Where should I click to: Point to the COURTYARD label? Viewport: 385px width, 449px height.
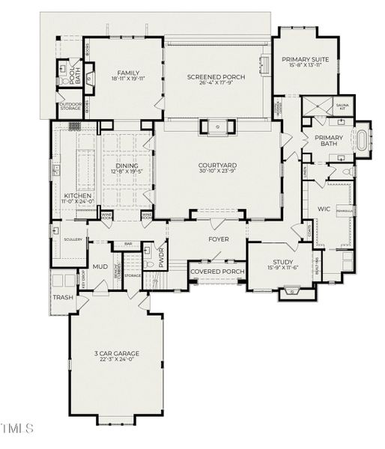pos(218,165)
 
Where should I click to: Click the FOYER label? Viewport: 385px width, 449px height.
pos(218,239)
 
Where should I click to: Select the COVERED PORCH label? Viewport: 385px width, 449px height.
pos(217,272)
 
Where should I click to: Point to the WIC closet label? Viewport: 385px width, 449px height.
pos(324,209)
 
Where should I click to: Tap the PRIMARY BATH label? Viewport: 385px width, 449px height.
pos(328,141)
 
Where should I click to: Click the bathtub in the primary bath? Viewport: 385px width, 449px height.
pos(363,140)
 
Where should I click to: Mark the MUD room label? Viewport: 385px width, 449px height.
pos(100,266)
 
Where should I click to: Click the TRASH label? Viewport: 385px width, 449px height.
pos(61,298)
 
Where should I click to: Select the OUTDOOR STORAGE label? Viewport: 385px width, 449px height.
pos(71,106)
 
